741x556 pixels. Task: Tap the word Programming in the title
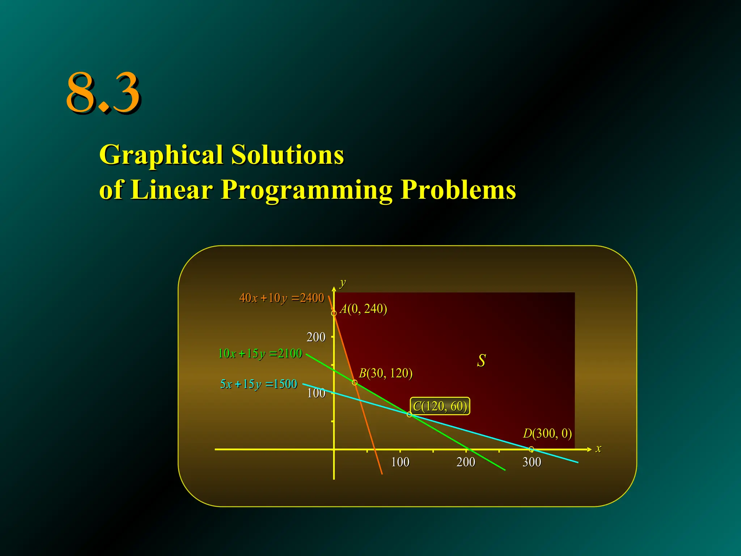click(x=306, y=190)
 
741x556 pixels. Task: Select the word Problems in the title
click(x=458, y=190)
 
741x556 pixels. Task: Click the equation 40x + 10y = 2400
click(x=281, y=298)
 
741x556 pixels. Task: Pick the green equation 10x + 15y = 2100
click(x=260, y=353)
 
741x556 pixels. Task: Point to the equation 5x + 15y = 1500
click(x=258, y=384)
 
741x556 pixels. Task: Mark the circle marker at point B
click(x=355, y=383)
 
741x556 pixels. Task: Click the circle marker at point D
click(x=531, y=449)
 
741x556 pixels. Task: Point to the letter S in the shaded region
click(x=481, y=361)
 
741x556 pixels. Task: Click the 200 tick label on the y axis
click(x=316, y=337)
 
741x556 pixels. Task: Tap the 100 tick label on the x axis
click(x=400, y=462)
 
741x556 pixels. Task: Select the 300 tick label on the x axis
click(x=532, y=462)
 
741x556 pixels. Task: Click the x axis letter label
click(x=598, y=449)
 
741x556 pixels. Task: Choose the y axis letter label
click(x=343, y=282)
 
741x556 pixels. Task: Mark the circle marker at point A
click(x=334, y=313)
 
